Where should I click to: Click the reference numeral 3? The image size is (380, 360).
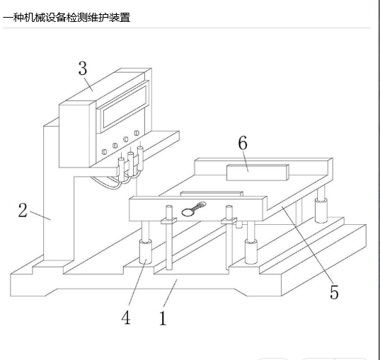tap(83, 69)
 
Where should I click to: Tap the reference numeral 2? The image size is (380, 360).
tap(23, 210)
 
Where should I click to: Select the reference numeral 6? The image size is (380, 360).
tap(243, 142)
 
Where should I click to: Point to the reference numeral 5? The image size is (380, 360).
tap(334, 292)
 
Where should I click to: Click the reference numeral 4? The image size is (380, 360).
tap(126, 318)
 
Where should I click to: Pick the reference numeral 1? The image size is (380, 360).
tap(163, 318)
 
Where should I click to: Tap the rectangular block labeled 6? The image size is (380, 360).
tap(258, 173)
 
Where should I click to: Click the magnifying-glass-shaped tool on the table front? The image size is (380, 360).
tap(193, 209)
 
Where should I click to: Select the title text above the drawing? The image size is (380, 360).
tap(67, 18)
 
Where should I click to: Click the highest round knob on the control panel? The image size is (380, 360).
tap(137, 133)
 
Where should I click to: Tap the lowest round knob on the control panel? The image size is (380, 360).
tap(105, 152)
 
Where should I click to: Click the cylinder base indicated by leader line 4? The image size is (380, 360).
tap(145, 252)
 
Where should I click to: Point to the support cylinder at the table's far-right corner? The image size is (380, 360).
tap(321, 210)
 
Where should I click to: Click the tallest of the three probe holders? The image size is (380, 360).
tap(140, 158)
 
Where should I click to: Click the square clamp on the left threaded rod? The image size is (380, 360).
tap(168, 221)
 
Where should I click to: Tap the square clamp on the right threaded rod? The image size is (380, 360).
tap(229, 221)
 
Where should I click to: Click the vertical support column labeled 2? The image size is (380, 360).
tap(59, 194)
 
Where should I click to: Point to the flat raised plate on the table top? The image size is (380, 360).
tap(212, 193)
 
